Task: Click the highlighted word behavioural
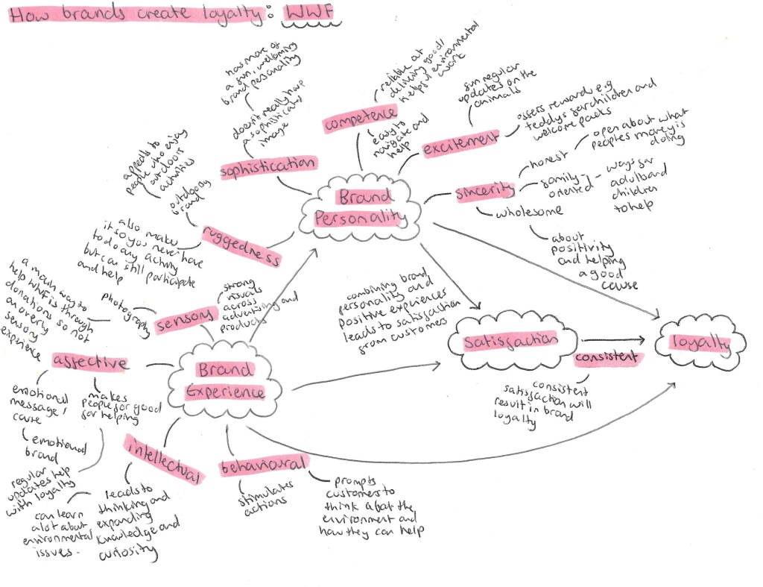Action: point(263,466)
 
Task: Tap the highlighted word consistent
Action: point(607,358)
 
